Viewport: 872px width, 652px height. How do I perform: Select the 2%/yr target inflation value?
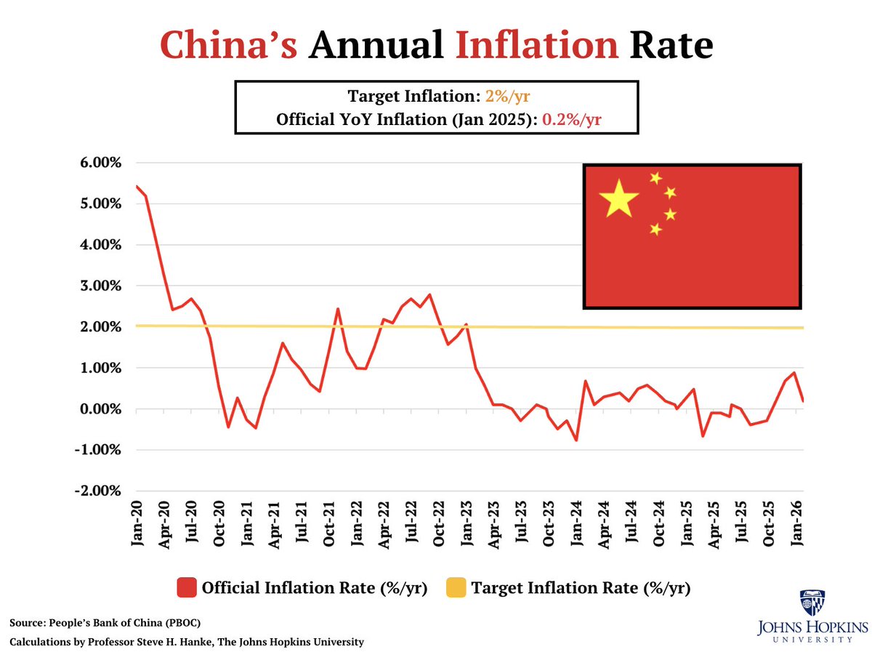point(511,97)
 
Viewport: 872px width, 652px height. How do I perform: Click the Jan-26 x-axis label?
point(796,523)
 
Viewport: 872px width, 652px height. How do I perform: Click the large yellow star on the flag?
point(618,198)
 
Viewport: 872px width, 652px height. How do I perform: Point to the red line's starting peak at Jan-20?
point(137,186)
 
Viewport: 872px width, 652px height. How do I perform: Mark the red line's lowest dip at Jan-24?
point(576,440)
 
